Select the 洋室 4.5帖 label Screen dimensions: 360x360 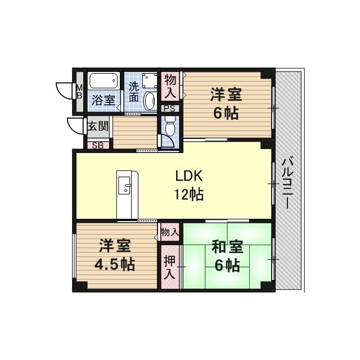[116, 255]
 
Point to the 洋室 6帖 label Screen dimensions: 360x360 [226, 102]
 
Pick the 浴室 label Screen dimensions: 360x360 [103, 100]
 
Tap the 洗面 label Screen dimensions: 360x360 [134, 92]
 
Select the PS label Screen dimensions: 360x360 [169, 109]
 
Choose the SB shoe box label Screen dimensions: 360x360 [97, 145]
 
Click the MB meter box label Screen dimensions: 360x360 [79, 91]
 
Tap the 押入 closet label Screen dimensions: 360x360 [169, 268]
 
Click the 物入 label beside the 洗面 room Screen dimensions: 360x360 [170, 85]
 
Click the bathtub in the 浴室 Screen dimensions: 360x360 [103, 81]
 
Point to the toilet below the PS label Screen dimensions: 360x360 [170, 128]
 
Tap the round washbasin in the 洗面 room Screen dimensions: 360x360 [150, 101]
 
